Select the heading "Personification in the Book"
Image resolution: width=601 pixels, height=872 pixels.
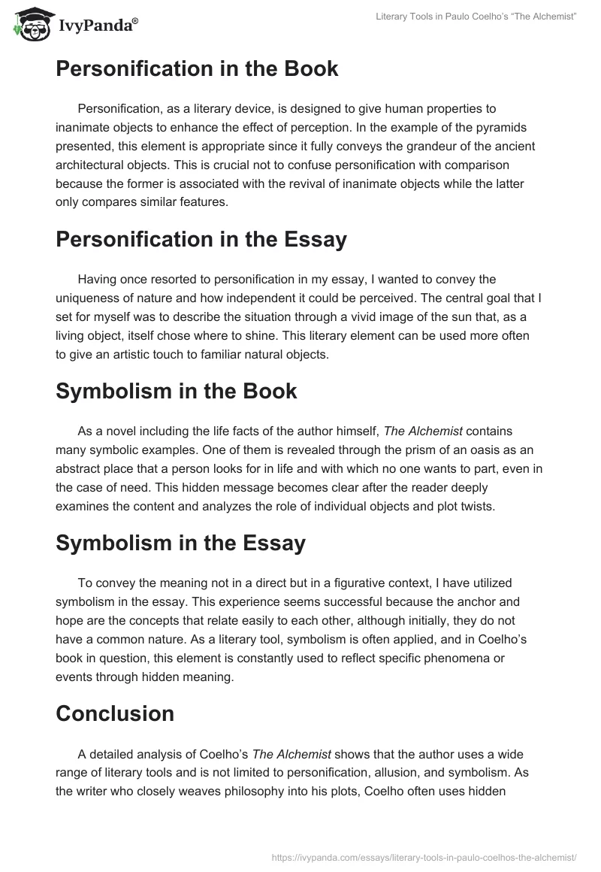pos(197,69)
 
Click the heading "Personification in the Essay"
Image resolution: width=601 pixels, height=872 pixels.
pos(201,239)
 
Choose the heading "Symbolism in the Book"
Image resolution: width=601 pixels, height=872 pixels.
pos(176,391)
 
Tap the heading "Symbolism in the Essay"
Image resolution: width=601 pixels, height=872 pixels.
pos(180,543)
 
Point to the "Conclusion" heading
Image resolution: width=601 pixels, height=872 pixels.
pos(115,713)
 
